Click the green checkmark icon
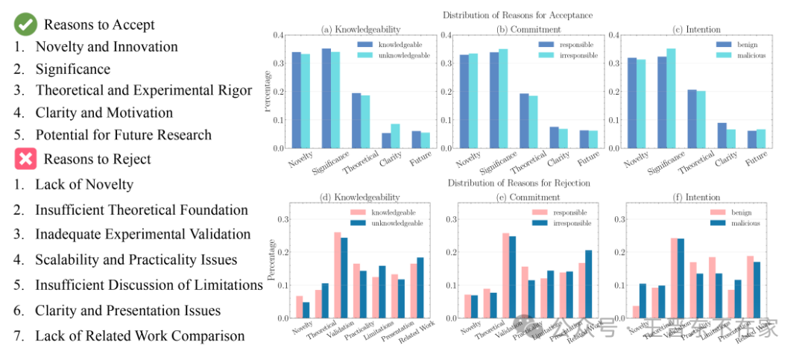pyautogui.click(x=25, y=25)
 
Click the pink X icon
pyautogui.click(x=25, y=159)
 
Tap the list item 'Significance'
pyautogui.click(x=72, y=69)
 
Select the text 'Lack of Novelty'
pyautogui.click(x=84, y=185)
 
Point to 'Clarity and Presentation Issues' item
pyautogui.click(x=127, y=311)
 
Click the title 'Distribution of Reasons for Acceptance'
pyautogui.click(x=518, y=15)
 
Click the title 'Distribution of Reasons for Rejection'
pyautogui.click(x=519, y=183)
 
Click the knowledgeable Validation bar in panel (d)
pyautogui.click(x=338, y=275)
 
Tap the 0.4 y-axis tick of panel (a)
pyautogui.click(x=277, y=35)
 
